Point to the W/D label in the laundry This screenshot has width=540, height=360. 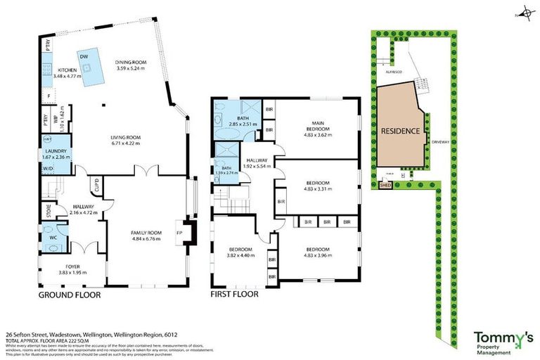coord(47,169)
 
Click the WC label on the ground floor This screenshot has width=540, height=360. coord(53,238)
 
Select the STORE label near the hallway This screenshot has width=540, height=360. coord(48,207)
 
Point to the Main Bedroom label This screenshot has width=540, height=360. coord(317,126)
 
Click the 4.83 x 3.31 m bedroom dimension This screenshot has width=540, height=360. coord(318,188)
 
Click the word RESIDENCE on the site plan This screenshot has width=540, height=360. coord(401,131)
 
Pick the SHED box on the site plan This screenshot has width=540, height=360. coord(385,186)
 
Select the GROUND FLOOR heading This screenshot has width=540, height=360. coord(69,295)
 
